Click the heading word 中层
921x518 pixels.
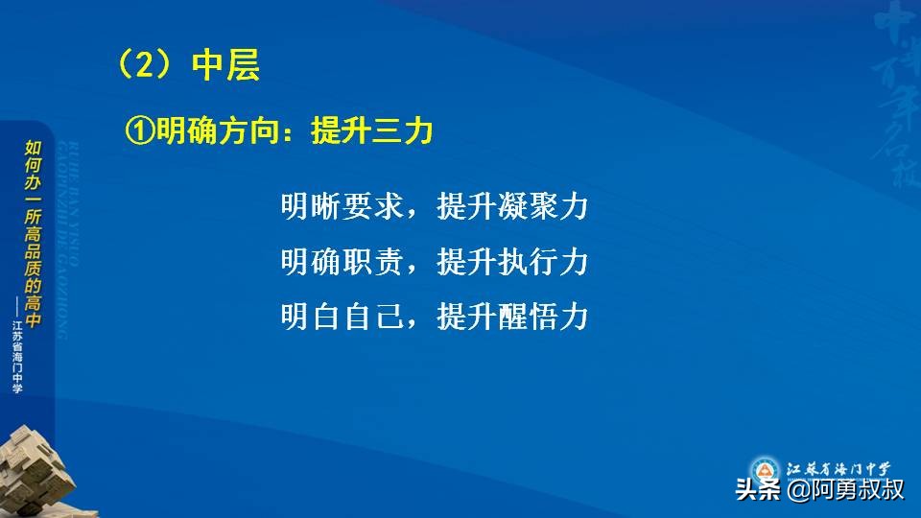pos(225,65)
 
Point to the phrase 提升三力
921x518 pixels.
pos(372,132)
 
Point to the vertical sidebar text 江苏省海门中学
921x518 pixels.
pos(18,355)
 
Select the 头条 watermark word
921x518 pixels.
pos(758,490)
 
